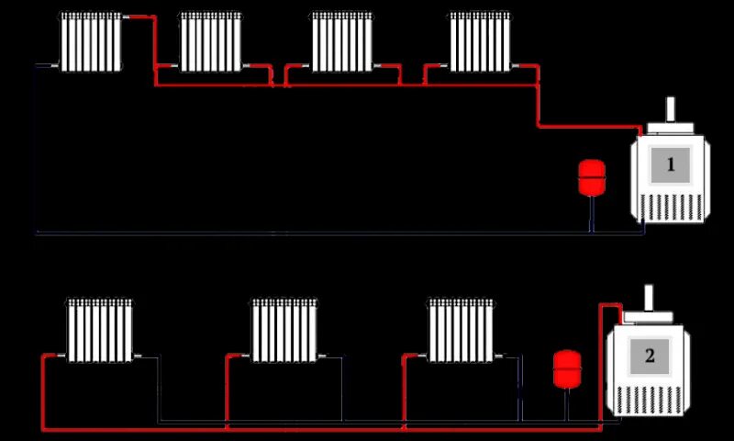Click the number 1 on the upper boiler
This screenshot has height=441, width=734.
(x=671, y=165)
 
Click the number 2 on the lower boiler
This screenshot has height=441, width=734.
(x=650, y=356)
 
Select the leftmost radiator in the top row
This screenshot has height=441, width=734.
(x=92, y=41)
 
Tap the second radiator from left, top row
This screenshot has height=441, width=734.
(x=211, y=41)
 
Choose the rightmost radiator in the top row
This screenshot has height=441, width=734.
(x=480, y=41)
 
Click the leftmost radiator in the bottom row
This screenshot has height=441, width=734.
(x=100, y=329)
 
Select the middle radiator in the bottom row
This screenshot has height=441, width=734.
(x=284, y=329)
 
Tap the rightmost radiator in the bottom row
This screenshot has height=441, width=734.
(x=462, y=329)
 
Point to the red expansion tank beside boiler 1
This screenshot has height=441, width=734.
(x=591, y=177)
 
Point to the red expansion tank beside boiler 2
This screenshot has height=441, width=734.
(x=566, y=367)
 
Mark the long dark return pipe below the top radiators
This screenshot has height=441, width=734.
(x=275, y=233)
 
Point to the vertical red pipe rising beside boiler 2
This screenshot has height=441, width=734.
(x=601, y=367)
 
